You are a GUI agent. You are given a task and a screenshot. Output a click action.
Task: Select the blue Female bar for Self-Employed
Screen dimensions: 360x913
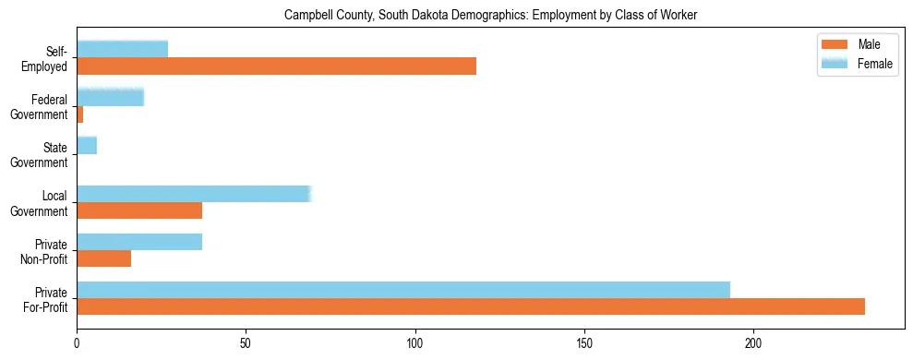(x=123, y=49)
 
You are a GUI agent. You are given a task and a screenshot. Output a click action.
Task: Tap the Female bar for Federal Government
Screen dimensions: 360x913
(x=111, y=97)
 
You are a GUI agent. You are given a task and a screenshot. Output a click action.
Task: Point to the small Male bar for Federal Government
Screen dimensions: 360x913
(x=80, y=114)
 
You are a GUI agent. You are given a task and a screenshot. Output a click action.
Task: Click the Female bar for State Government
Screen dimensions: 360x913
(x=87, y=145)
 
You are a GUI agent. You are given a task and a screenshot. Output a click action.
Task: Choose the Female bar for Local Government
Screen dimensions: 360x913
(x=194, y=193)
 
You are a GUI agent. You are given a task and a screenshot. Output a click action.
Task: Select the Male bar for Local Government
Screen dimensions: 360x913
(x=139, y=210)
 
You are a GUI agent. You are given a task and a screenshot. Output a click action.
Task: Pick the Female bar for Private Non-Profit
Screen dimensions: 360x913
(x=139, y=242)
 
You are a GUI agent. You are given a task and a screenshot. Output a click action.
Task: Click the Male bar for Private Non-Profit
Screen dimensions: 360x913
(x=104, y=258)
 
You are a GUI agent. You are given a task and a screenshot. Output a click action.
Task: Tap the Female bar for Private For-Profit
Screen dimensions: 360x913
(x=403, y=290)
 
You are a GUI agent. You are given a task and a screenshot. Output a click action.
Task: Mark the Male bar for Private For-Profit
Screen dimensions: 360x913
(x=471, y=306)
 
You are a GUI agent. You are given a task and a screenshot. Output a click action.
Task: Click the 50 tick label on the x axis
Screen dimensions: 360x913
(x=246, y=343)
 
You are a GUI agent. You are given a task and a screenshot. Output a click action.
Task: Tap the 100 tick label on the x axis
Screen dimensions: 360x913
(x=415, y=343)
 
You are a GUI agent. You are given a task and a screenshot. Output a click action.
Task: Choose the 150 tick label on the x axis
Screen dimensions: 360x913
(x=584, y=343)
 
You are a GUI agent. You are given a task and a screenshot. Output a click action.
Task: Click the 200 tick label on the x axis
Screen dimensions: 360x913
(x=753, y=343)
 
